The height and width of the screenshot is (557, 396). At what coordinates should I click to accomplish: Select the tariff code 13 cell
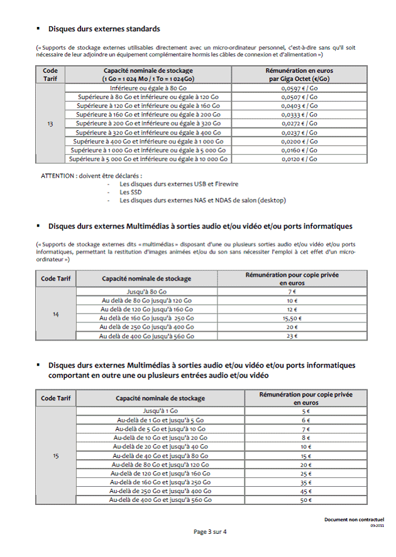click(50, 124)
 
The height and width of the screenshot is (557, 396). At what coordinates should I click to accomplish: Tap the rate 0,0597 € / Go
click(298, 89)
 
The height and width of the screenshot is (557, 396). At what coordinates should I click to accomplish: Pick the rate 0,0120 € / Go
click(298, 159)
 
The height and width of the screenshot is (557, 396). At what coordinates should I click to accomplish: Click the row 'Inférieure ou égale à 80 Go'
click(148, 89)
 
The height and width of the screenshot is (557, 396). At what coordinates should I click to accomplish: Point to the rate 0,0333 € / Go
click(298, 115)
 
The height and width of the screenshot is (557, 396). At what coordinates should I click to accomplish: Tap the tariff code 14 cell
click(56, 314)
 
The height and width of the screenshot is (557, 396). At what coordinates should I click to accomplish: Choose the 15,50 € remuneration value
click(291, 319)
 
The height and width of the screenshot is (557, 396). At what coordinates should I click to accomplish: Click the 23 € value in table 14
click(291, 336)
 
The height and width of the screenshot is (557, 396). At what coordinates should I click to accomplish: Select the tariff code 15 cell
click(56, 455)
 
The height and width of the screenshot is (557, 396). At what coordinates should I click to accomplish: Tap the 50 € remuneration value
click(305, 500)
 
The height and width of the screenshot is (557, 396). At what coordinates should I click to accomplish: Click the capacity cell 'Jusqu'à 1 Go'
click(160, 411)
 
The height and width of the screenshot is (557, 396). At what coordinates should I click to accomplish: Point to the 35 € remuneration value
click(305, 482)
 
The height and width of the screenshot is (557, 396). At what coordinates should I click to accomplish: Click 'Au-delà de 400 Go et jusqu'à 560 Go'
click(160, 500)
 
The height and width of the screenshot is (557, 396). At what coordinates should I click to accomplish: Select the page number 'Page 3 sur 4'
click(210, 532)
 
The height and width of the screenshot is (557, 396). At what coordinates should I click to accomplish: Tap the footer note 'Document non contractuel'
click(354, 520)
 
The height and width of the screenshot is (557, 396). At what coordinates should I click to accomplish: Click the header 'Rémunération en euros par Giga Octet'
click(298, 75)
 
